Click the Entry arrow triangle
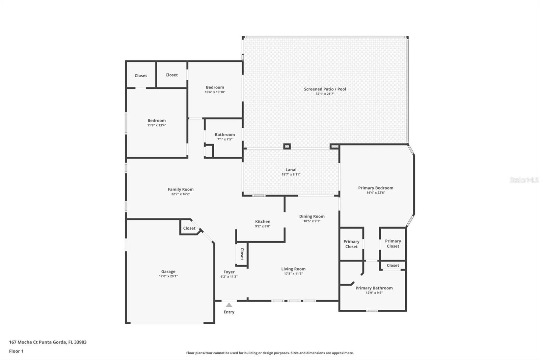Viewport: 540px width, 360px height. tap(229, 305)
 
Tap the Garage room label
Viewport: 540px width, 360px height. tap(168, 272)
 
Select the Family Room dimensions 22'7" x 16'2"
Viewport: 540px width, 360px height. tap(181, 194)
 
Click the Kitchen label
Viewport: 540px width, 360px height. tap(263, 222)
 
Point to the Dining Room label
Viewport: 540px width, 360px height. tap(312, 216)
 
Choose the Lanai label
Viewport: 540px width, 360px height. tap(291, 170)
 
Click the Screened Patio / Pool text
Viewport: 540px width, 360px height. tap(325, 89)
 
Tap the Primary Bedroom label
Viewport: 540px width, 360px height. tap(376, 188)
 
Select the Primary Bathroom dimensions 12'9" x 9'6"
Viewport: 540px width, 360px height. tap(374, 293)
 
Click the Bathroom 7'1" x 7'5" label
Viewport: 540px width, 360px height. tap(225, 135)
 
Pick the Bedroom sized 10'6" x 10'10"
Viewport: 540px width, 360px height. tap(215, 87)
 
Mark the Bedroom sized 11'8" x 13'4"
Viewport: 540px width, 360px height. tap(157, 121)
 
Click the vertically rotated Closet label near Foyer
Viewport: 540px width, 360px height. tap(242, 254)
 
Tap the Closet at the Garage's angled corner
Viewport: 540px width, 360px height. tap(189, 228)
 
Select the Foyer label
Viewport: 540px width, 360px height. tap(229, 272)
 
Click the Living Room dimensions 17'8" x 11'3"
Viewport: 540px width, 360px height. tap(293, 274)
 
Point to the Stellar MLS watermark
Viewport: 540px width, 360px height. tap(524, 180)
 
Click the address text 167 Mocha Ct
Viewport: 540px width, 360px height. tap(48, 342)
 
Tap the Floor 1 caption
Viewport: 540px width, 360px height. tap(16, 351)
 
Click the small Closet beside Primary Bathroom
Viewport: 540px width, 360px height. tap(393, 265)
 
